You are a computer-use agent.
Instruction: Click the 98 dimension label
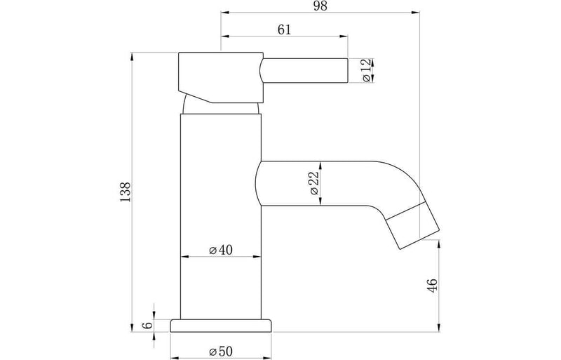pyautogui.click(x=320, y=6)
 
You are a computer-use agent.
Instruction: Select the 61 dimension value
pyautogui.click(x=284, y=29)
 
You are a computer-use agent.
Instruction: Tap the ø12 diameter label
pyautogui.click(x=367, y=71)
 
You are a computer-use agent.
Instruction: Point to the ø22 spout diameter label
pyautogui.click(x=313, y=183)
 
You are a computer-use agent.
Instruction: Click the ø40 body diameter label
pyautogui.click(x=221, y=250)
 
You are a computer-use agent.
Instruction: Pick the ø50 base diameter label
pyautogui.click(x=221, y=351)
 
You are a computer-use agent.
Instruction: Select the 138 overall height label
pyautogui.click(x=126, y=192)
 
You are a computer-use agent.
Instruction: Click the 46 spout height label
pyautogui.click(x=433, y=286)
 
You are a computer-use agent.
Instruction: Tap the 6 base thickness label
pyautogui.click(x=147, y=325)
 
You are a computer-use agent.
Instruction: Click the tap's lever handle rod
pyautogui.click(x=304, y=71)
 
